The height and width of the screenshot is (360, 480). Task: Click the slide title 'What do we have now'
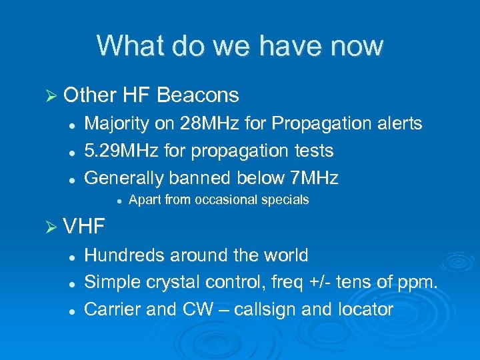pos(240,45)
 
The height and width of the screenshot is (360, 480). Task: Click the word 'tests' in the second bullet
pos(313,151)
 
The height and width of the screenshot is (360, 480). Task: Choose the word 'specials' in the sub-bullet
pos(285,200)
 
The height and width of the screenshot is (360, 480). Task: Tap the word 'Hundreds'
pos(125,255)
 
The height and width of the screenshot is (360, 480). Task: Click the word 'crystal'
pos(167,283)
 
